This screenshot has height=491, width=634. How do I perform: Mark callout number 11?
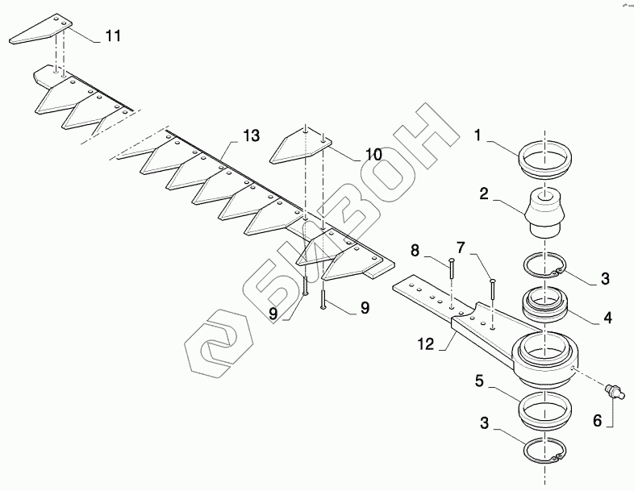(113, 37)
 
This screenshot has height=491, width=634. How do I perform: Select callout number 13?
(251, 135)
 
